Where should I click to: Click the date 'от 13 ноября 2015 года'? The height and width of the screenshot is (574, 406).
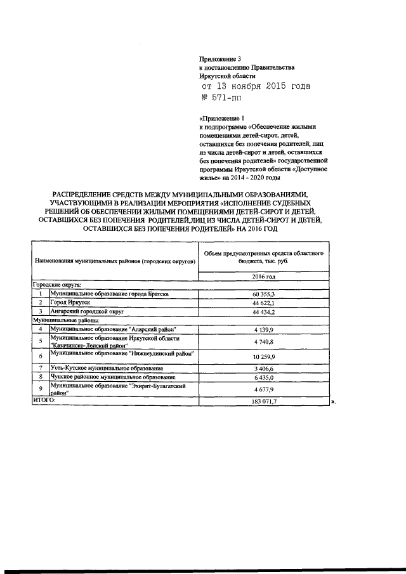click(x=256, y=86)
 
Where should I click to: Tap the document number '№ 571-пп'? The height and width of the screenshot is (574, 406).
click(x=221, y=98)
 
